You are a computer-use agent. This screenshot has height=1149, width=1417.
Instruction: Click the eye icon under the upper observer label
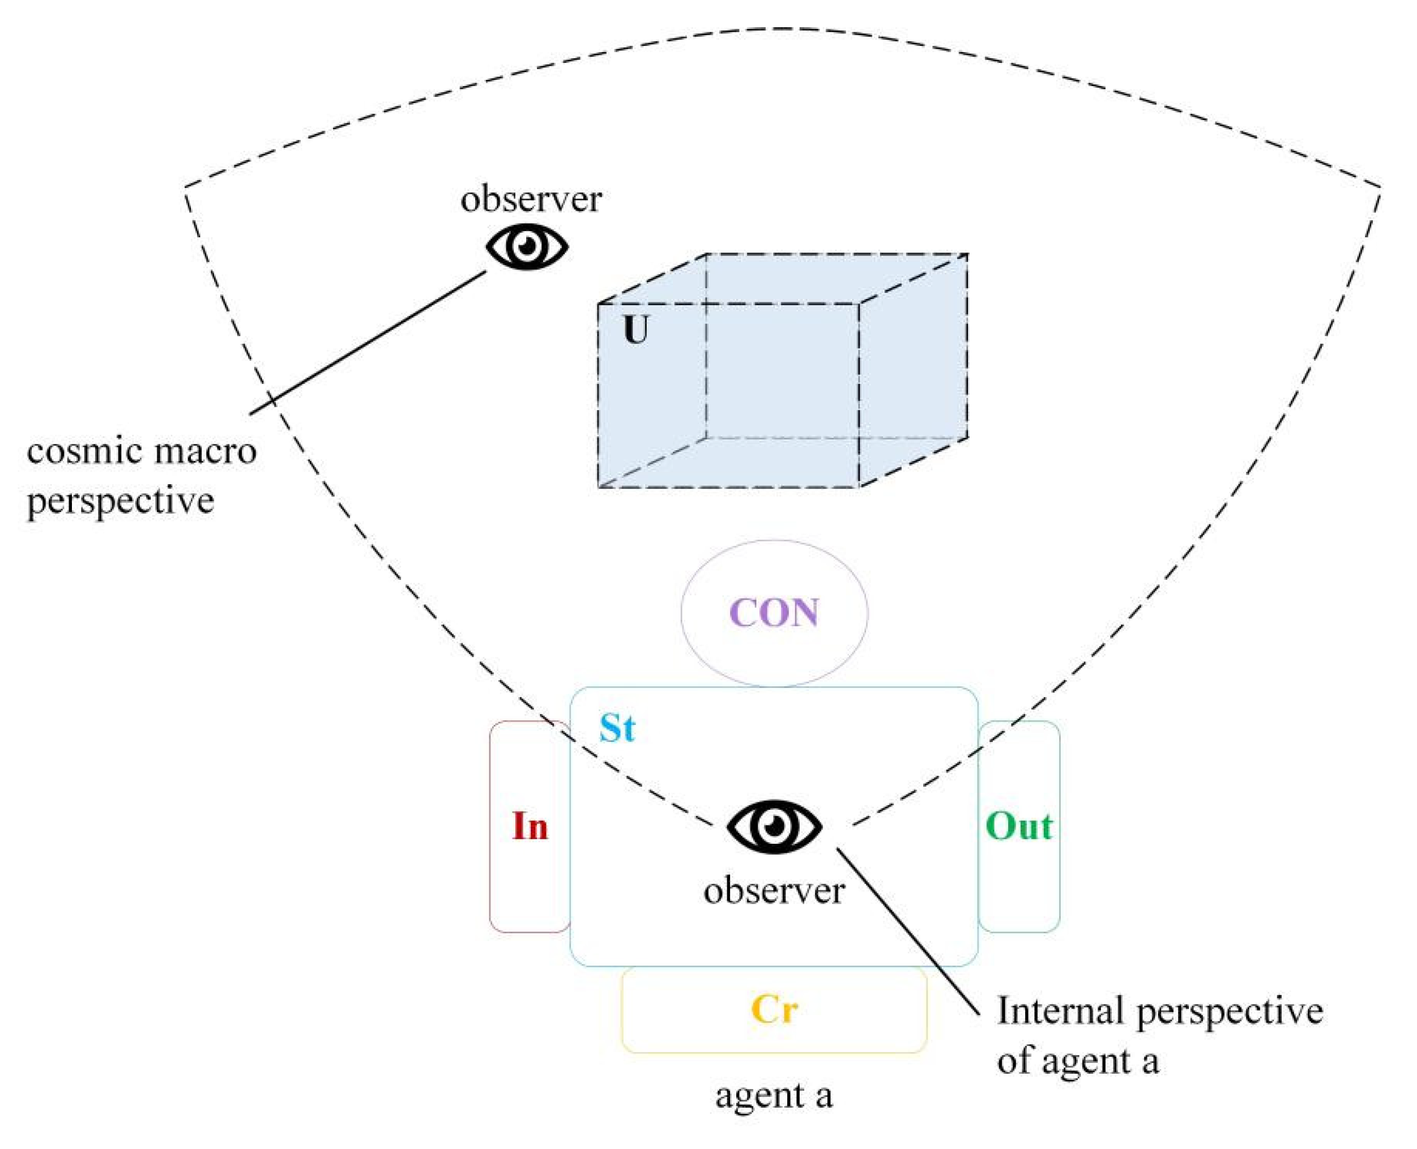point(527,246)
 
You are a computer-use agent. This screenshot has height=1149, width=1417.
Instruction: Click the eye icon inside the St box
point(774,827)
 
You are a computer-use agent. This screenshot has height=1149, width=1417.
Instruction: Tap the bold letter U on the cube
point(636,330)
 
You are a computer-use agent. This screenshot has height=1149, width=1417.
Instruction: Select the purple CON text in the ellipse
point(774,613)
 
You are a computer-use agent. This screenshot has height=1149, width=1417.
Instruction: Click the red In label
point(530,827)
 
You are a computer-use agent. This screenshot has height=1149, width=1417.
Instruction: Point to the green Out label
point(1019,827)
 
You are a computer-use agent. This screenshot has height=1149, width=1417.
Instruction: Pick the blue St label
point(617,729)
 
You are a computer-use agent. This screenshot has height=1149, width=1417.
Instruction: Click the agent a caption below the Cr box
point(774,1095)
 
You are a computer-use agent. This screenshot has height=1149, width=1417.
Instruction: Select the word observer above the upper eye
point(531,199)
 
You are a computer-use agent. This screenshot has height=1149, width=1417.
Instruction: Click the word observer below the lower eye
point(774,891)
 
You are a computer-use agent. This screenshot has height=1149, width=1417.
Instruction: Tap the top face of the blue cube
point(781,279)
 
